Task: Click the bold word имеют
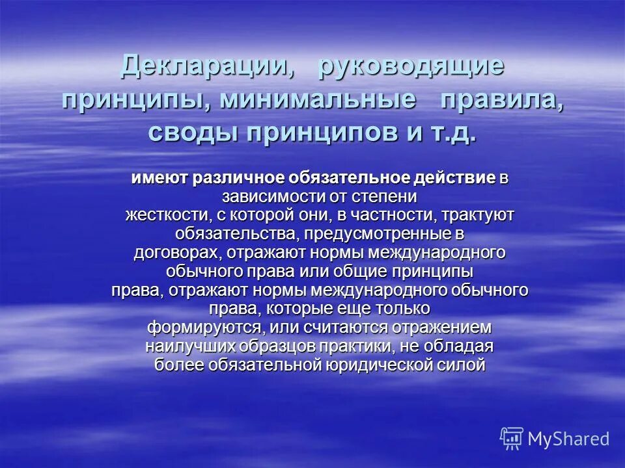[159, 179]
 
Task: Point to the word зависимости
[268, 196]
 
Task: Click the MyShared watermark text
[568, 439]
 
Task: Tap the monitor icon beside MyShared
[512, 439]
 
